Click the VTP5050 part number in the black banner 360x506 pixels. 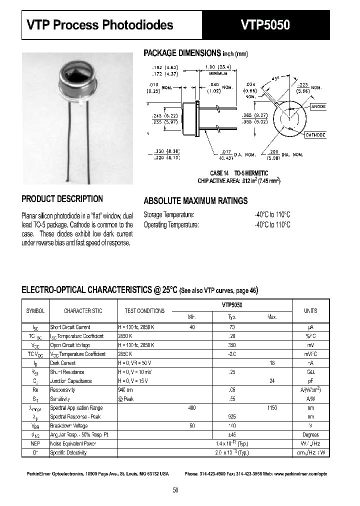pyautogui.click(x=265, y=25)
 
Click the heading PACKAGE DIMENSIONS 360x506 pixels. pyautogui.click(x=182, y=53)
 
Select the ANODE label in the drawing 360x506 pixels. pyautogui.click(x=318, y=106)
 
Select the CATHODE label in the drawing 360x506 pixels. pyautogui.click(x=315, y=135)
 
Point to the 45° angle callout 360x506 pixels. pyautogui.click(x=276, y=78)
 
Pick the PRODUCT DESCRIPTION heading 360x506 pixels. pyautogui.click(x=62, y=199)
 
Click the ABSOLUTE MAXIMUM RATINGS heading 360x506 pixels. pyautogui.click(x=195, y=201)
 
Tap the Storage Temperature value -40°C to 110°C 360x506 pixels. pyautogui.click(x=272, y=214)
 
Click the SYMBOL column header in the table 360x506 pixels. pyautogui.click(x=35, y=311)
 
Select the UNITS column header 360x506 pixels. pyautogui.click(x=310, y=311)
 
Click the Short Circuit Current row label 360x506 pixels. pyautogui.click(x=70, y=327)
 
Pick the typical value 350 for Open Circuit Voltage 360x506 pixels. pyautogui.click(x=232, y=345)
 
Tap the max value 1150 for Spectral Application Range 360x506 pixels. pyautogui.click(x=272, y=408)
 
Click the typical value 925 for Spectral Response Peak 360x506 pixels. pyautogui.click(x=232, y=417)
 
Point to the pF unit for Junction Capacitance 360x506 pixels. pyautogui.click(x=310, y=381)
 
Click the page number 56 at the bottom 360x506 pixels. pyautogui.click(x=175, y=490)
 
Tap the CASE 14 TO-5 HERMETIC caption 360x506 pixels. pyautogui.click(x=239, y=173)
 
